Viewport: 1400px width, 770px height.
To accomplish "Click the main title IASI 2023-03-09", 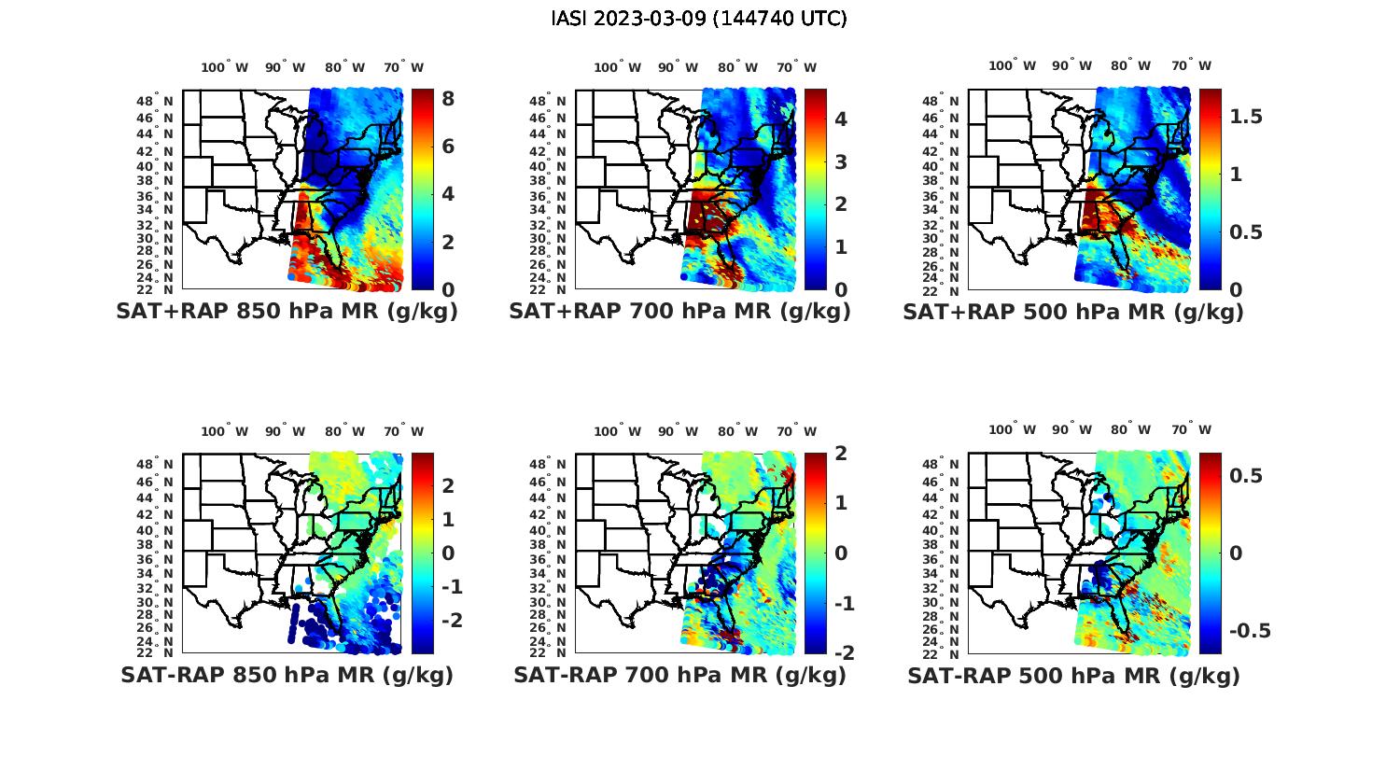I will pyautogui.click(x=699, y=19).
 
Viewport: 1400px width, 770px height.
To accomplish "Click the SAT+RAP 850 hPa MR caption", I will pyautogui.click(x=287, y=312).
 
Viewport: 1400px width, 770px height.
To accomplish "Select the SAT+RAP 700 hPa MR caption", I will pyautogui.click(x=679, y=312).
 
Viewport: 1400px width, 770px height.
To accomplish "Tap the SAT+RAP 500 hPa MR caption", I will pyautogui.click(x=1073, y=312).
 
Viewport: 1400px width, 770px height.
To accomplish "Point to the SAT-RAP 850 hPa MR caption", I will pyautogui.click(x=287, y=675).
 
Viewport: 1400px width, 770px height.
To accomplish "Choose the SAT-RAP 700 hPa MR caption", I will pyautogui.click(x=679, y=675).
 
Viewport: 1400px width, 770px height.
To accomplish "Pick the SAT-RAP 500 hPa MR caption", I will pyautogui.click(x=1073, y=675).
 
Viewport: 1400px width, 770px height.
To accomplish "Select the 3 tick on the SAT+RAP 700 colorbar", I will pyautogui.click(x=841, y=161).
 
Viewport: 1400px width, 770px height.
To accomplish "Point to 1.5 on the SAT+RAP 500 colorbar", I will pyautogui.click(x=1246, y=117).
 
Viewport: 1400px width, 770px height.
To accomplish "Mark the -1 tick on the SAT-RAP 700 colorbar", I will pyautogui.click(x=843, y=604).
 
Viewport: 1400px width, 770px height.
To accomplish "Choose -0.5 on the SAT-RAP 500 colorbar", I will pyautogui.click(x=1250, y=631).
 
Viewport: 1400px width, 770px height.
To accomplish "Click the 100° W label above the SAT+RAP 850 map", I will pyautogui.click(x=225, y=67).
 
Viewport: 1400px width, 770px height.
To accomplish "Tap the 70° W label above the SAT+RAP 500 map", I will pyautogui.click(x=1191, y=65).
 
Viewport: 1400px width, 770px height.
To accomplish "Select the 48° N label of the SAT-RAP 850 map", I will pyautogui.click(x=157, y=465).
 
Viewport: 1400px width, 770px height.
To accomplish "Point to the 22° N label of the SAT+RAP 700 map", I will pyautogui.click(x=549, y=289).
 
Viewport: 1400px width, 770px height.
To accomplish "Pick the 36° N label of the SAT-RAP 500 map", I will pyautogui.click(x=942, y=559).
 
